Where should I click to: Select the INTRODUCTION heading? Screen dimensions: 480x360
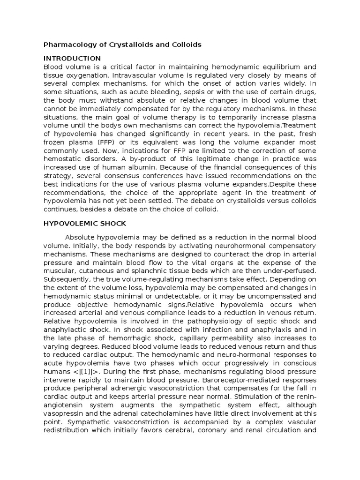(x=72, y=59)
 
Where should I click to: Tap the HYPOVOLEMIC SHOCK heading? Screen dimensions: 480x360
(x=84, y=224)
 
